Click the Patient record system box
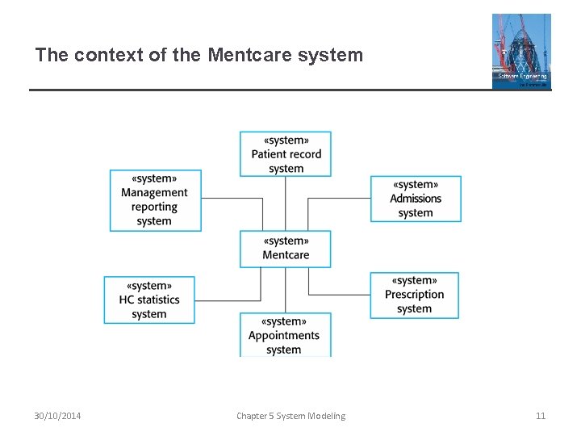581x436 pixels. [x=286, y=154]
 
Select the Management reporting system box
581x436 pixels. [x=155, y=200]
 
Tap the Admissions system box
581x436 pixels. [x=416, y=199]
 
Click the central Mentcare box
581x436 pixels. [x=286, y=248]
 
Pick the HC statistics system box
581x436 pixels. [x=149, y=300]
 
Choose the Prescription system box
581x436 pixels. [x=414, y=295]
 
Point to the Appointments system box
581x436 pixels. [x=284, y=335]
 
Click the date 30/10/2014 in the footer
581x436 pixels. [x=57, y=416]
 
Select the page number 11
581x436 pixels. [x=541, y=416]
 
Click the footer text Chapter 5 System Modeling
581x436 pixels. [x=290, y=416]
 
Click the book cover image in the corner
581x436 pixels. [x=521, y=51]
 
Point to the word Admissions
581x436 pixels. [x=416, y=199]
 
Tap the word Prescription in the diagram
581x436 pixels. [x=414, y=295]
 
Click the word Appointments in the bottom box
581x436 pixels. [x=284, y=336]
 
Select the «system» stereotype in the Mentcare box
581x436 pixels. [x=286, y=241]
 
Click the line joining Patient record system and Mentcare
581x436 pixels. [x=286, y=203]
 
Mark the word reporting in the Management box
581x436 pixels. [x=154, y=207]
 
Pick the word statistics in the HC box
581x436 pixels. [x=158, y=300]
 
